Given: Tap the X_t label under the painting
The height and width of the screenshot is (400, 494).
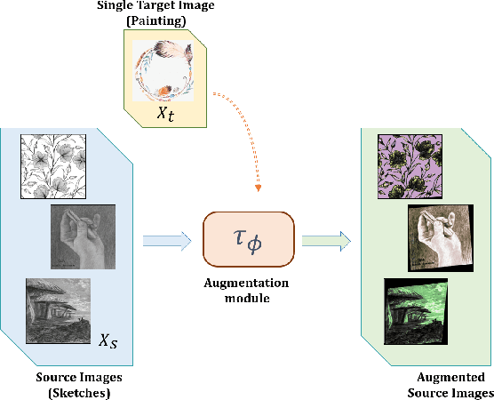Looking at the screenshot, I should click(x=165, y=116).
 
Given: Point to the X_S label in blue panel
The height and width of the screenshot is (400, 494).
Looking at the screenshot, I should click(x=108, y=340).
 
